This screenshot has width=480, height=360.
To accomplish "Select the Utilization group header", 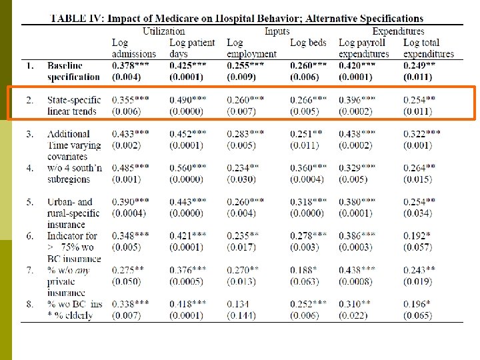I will (x=164, y=31).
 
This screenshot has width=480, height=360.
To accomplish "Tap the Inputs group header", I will (x=277, y=31).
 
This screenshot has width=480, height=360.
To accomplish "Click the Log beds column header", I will (x=308, y=43).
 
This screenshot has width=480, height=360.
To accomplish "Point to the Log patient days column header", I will (x=192, y=48).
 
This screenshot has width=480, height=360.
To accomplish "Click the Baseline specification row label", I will (x=73, y=71).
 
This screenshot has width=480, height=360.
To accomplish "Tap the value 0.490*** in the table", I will (x=188, y=100).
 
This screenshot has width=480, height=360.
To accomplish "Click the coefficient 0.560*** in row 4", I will (x=188, y=167).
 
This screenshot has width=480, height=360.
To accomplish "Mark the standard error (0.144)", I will (x=241, y=315).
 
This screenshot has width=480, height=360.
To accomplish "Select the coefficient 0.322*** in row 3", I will (x=421, y=133).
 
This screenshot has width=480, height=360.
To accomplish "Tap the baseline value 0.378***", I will (x=131, y=66).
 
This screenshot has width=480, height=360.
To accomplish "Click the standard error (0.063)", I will (x=307, y=281).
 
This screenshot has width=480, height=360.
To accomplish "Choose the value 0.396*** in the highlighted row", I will (x=357, y=100).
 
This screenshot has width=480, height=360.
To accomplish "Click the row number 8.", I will (x=29, y=303).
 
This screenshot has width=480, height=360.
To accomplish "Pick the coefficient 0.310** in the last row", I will (x=355, y=303).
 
